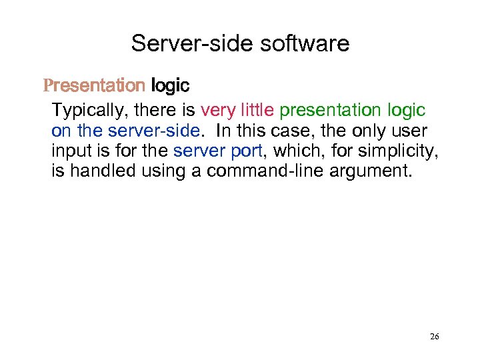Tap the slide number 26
pyautogui.click(x=434, y=337)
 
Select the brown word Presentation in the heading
pyautogui.click(x=94, y=86)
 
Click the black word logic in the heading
pyautogui.click(x=171, y=86)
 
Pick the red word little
pyautogui.click(x=257, y=110)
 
